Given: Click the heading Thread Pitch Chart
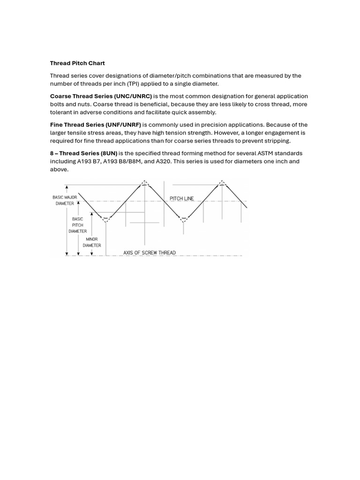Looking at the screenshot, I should (77, 63).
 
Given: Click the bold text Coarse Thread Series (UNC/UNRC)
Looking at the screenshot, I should (101, 96).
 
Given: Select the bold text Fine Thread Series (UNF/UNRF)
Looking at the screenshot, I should (96, 125).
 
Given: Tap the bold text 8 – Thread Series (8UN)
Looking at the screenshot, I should (83, 153).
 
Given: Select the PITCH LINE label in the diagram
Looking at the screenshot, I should (181, 199).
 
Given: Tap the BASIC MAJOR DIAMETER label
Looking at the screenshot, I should (65, 201).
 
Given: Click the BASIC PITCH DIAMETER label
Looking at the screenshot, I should (77, 225).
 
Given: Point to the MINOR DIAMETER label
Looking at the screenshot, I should (92, 242).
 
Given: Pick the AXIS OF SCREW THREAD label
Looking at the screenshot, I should (150, 253).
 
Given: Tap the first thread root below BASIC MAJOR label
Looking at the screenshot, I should (106, 219).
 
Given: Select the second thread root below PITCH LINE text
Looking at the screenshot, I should (184, 219).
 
